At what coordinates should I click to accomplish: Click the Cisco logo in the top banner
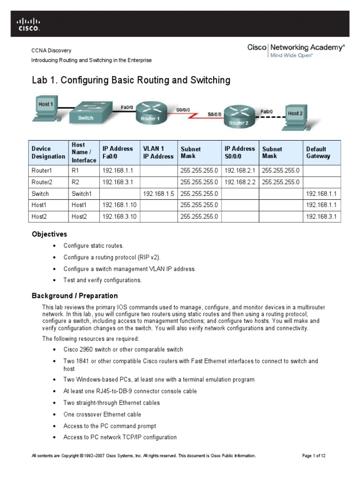tap(29, 24)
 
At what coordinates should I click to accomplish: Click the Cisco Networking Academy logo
tap(296, 50)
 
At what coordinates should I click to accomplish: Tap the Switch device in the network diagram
tap(87, 112)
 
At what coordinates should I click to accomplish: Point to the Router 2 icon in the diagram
tap(238, 116)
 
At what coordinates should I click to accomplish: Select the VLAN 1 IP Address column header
tap(158, 152)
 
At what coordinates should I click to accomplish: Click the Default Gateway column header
tap(318, 152)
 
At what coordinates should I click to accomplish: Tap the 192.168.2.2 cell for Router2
tap(240, 181)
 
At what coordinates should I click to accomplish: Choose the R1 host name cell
tap(76, 170)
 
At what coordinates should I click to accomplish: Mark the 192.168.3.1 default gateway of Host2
tap(323, 217)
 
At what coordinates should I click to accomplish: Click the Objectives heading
tap(49, 234)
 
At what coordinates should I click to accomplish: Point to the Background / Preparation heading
tap(75, 296)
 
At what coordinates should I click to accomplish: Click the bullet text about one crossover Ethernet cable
tap(102, 414)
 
